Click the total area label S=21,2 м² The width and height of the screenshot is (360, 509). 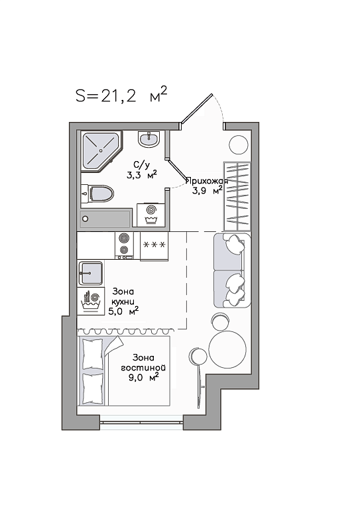[122, 95]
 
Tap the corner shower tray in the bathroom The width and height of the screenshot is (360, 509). [101, 150]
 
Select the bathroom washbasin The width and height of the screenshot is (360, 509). [149, 139]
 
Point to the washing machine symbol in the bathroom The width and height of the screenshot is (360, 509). [150, 215]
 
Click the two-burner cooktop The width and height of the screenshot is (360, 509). [124, 245]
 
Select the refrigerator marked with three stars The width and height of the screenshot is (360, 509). [154, 246]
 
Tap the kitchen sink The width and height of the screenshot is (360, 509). [90, 273]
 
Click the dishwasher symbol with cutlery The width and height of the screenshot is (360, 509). [91, 301]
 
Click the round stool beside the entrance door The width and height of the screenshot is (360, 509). [239, 145]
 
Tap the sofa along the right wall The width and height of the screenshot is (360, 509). [232, 270]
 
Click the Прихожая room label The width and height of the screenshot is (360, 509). [207, 181]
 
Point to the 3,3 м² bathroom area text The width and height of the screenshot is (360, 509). [142, 175]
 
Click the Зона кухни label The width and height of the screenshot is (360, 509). [123, 296]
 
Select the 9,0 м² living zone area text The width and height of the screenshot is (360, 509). [143, 378]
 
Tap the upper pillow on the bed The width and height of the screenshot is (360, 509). [93, 354]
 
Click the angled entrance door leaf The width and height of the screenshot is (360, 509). [196, 109]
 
